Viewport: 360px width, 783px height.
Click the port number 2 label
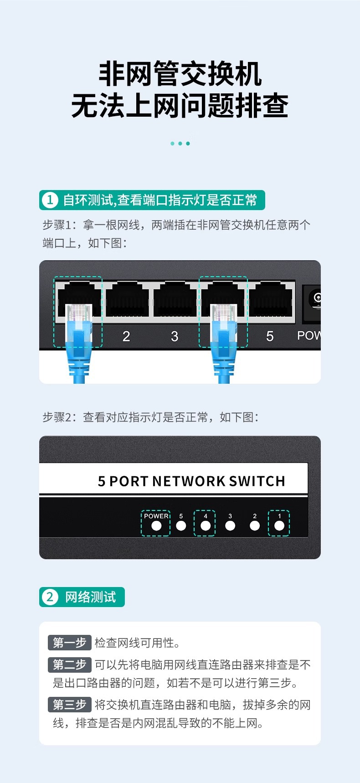click(x=126, y=336)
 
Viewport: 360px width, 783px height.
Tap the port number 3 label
click(x=175, y=336)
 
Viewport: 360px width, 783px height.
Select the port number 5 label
click(x=270, y=336)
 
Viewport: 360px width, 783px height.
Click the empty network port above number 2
click(x=127, y=299)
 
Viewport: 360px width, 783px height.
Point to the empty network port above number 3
click(x=175, y=299)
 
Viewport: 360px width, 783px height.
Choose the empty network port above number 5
click(x=271, y=299)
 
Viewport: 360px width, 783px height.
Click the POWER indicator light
click(x=156, y=525)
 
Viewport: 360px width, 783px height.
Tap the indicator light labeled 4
click(x=206, y=525)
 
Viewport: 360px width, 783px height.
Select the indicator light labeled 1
click(x=279, y=525)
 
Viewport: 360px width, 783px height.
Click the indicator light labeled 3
click(x=230, y=525)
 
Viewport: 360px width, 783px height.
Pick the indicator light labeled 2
click(x=255, y=525)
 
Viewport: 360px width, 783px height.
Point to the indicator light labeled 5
click(x=181, y=525)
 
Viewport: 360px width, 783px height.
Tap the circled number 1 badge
click(x=50, y=200)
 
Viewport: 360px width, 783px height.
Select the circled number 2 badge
click(x=50, y=597)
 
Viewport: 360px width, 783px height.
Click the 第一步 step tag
click(x=70, y=643)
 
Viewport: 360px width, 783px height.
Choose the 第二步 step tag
click(x=70, y=665)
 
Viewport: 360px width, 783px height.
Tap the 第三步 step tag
click(x=70, y=705)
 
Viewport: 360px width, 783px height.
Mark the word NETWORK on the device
click(x=189, y=481)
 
